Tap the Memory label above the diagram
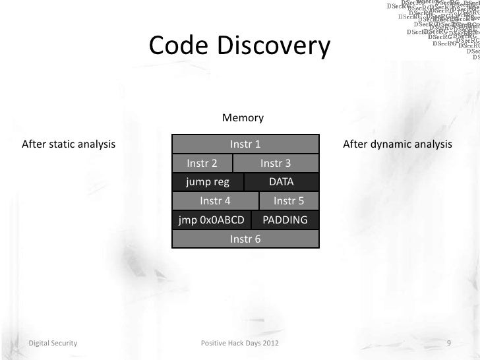coord(243,118)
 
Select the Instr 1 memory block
coord(245,144)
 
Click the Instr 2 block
coord(202,163)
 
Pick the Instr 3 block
coord(276,163)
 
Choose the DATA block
coord(282,182)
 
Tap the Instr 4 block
coord(215,201)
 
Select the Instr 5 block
coord(288,201)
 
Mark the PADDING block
coord(285,220)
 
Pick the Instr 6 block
coord(245,239)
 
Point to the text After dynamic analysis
coord(398,144)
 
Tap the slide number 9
coord(448,344)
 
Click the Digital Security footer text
coord(52,344)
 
